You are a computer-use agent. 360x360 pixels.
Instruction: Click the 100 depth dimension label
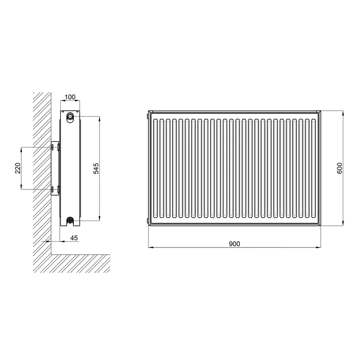tap(70, 97)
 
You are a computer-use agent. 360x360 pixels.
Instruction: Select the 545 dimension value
tap(96, 168)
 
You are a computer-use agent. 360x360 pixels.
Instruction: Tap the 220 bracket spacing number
tap(18, 168)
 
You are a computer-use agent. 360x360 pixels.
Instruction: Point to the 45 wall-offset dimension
tap(74, 238)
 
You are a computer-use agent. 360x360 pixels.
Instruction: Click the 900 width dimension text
tap(234, 243)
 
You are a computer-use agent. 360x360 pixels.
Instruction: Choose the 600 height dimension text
tap(339, 168)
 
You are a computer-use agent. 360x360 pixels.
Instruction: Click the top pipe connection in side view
tap(70, 116)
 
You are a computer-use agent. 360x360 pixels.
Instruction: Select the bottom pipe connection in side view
tap(70, 220)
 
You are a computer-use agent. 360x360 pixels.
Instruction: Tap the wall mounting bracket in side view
tap(55, 168)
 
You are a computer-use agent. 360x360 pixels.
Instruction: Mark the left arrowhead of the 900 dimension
tap(151, 247)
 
